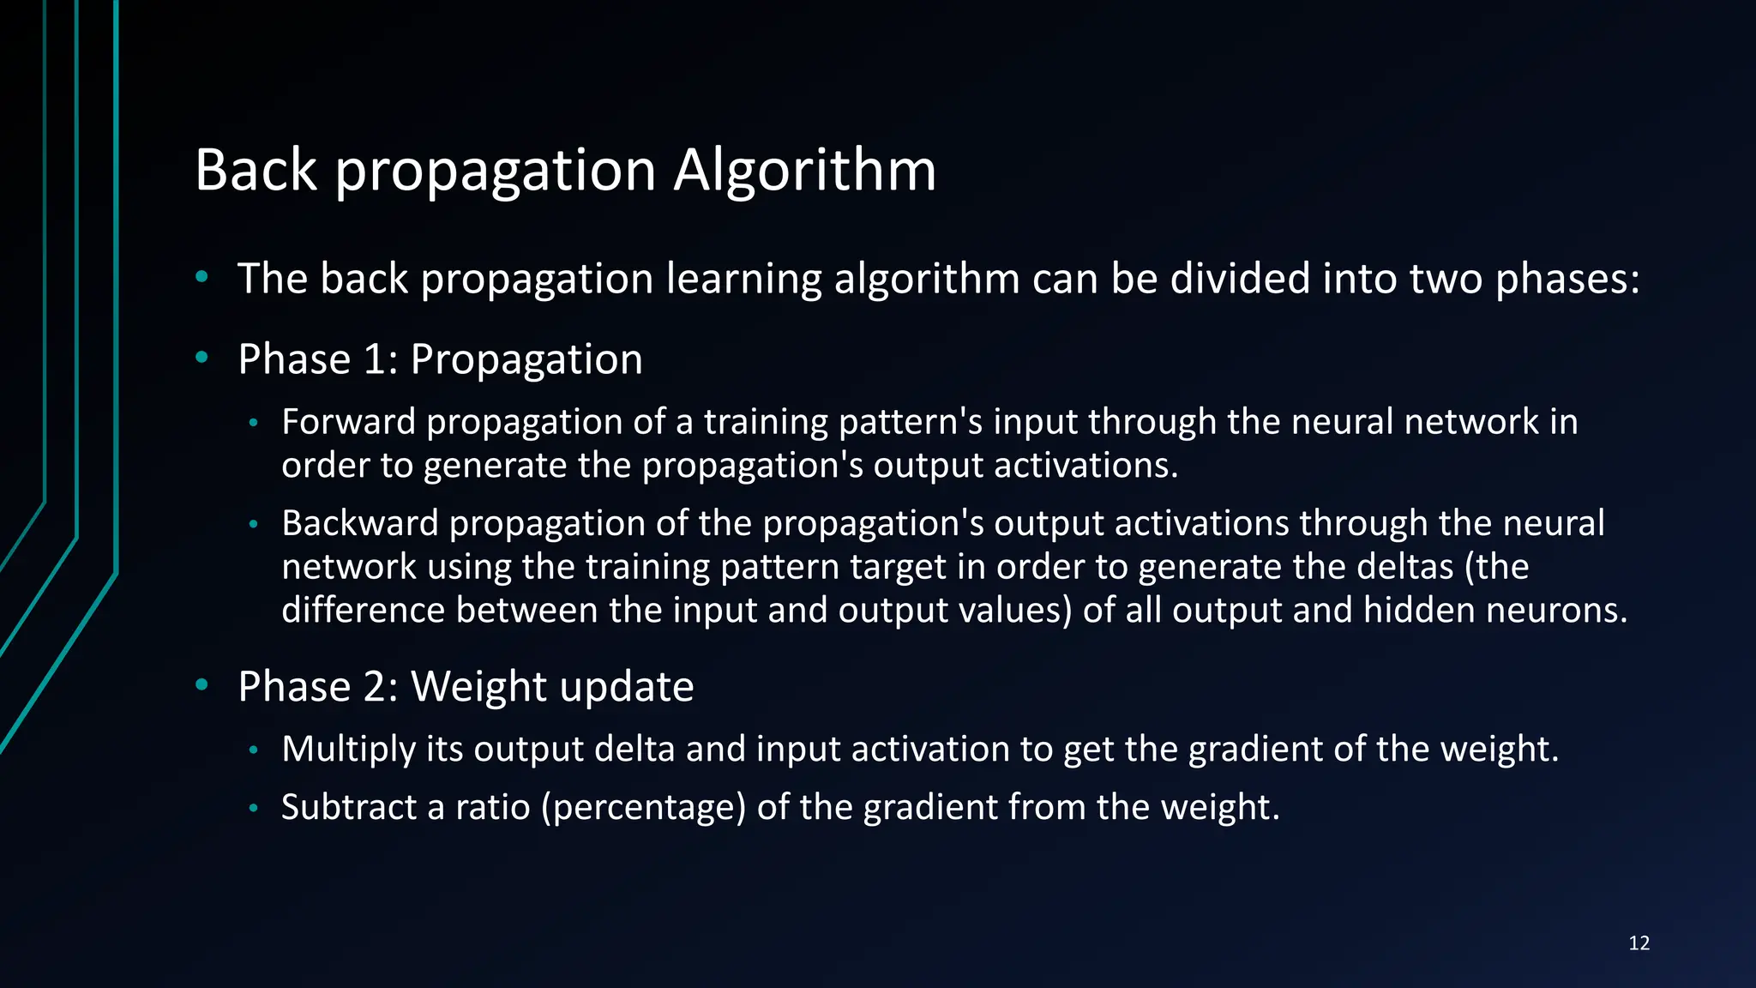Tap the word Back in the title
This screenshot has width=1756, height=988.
point(256,171)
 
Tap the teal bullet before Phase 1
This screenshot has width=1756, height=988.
point(201,357)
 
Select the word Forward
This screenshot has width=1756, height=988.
point(348,422)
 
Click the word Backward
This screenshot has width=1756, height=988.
point(360,523)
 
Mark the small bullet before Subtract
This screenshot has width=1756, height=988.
point(253,808)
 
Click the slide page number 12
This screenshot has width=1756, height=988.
point(1639,943)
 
